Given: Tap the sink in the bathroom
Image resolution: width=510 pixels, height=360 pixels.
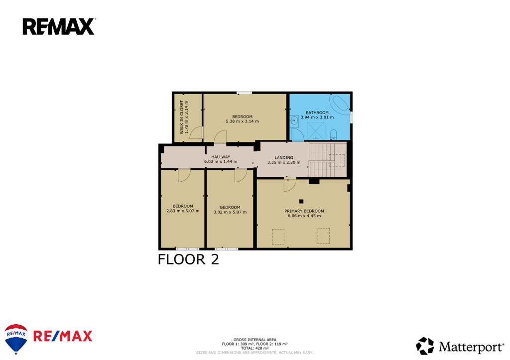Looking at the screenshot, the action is point(294,121).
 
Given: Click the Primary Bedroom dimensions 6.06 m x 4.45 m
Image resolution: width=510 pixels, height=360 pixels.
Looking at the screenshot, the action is point(304,216).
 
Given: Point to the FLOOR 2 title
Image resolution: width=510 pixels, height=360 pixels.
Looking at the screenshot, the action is point(188,259).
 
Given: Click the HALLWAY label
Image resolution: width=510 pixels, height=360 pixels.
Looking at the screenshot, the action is point(221,157).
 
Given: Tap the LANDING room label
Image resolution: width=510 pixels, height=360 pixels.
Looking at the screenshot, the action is point(283,157).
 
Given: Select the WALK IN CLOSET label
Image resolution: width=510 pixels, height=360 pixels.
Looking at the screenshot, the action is point(181,117).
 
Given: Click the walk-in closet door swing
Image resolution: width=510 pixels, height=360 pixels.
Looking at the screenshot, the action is point(197,133).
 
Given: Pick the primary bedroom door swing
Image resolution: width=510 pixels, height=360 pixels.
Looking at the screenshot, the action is point(290,184).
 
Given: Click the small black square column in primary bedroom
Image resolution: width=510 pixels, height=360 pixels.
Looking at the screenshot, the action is point(301,201).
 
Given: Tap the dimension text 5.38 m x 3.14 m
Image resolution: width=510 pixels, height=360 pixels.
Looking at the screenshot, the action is point(243,121).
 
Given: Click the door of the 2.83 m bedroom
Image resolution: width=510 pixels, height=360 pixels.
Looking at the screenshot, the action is point(184,175).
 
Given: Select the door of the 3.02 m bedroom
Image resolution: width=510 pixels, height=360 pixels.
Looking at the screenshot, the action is point(241,175).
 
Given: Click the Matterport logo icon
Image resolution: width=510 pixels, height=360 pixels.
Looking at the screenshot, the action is point(425,346).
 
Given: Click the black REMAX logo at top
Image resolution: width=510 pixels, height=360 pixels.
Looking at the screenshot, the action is point(59,27).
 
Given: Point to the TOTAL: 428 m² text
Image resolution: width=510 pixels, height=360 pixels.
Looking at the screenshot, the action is point(255,348).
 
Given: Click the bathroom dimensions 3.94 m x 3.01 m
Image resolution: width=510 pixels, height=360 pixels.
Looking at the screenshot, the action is point(317,117).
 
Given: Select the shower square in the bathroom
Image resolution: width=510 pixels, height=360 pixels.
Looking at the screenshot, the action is point(315,131).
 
